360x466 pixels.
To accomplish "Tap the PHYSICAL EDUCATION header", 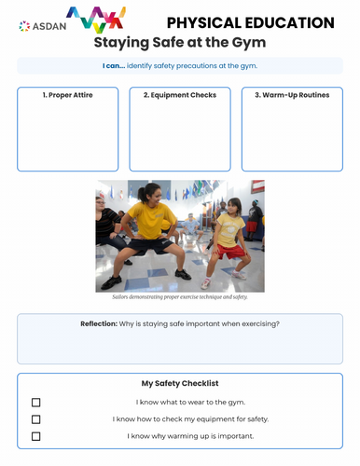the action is click(x=249, y=22).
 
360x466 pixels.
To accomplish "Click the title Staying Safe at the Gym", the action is click(x=179, y=43).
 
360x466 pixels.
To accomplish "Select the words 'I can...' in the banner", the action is click(x=116, y=65).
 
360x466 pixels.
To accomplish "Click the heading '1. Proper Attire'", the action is click(x=67, y=95).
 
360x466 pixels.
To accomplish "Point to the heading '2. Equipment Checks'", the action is click(x=179, y=95).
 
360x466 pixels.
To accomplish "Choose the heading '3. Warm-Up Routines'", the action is click(x=292, y=95).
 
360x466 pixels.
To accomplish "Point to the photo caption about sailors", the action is click(x=179, y=296).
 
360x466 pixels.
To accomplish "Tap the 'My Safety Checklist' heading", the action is click(x=179, y=383).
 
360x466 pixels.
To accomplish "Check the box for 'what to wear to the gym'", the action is click(x=36, y=403).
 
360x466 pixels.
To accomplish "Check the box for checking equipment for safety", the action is click(x=36, y=419).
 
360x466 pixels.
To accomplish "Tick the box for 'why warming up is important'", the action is click(x=36, y=436).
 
